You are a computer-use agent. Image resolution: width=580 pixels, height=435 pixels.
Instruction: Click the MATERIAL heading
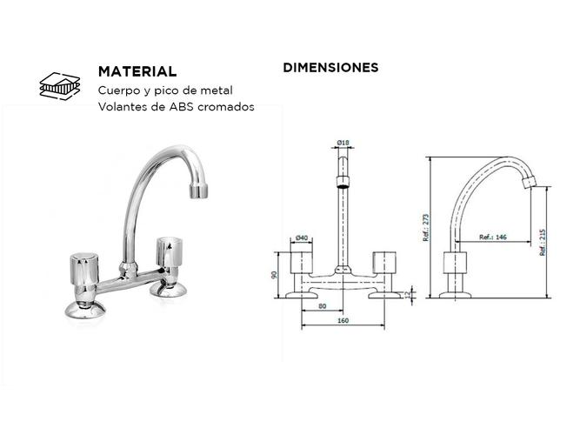[x=137, y=71]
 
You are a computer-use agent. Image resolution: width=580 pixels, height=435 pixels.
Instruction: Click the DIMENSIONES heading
[x=330, y=67]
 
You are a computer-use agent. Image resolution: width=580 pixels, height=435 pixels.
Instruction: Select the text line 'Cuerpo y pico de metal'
[x=165, y=90]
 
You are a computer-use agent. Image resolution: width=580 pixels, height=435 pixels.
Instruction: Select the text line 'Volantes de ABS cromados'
[x=176, y=107]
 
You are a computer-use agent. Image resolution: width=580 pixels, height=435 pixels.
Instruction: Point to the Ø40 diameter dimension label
[x=303, y=237]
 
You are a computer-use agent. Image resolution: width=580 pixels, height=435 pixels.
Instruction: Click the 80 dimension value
[x=322, y=306]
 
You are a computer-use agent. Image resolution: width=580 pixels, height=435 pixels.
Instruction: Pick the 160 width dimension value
[x=343, y=320]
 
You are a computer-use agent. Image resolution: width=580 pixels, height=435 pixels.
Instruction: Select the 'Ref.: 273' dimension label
[x=426, y=229]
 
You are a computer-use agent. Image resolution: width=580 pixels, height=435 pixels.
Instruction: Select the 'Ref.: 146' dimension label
[x=494, y=237]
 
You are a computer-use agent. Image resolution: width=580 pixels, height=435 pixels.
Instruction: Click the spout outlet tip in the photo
[x=202, y=189]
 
